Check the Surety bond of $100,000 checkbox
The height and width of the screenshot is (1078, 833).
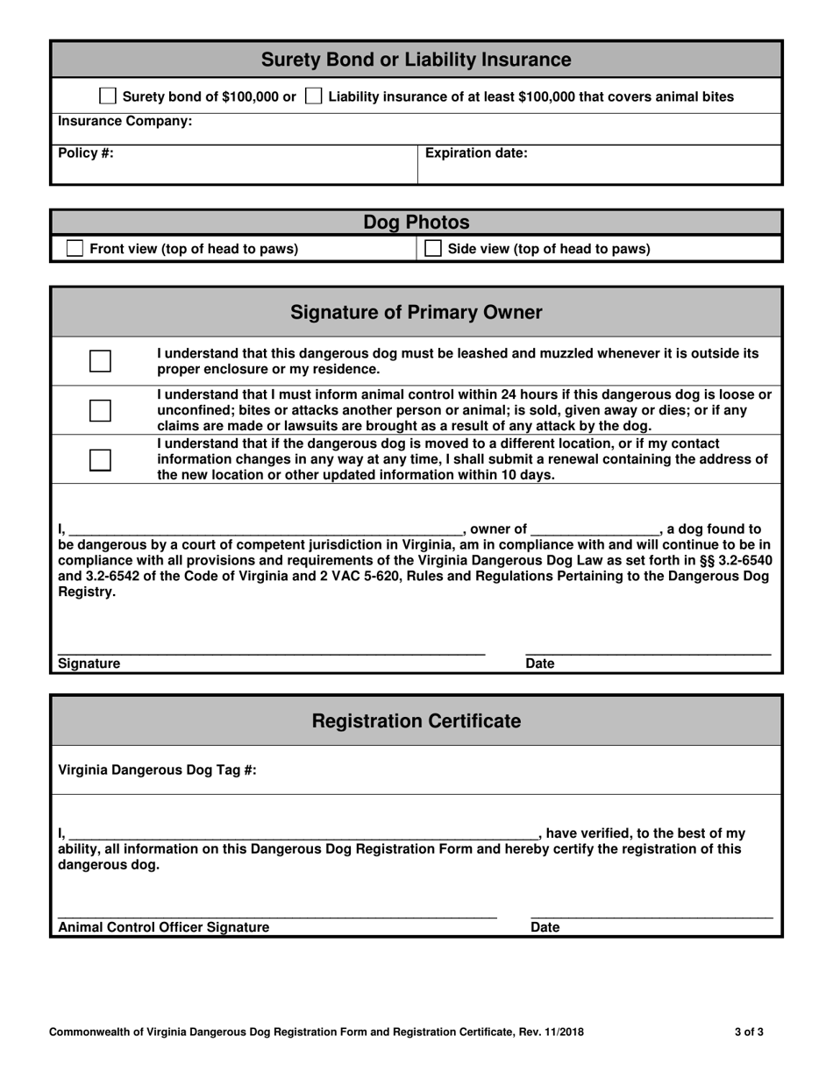click(108, 96)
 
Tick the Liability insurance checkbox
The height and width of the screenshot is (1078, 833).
click(313, 96)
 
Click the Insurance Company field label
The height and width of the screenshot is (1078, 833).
click(125, 121)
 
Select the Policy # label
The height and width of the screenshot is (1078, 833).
click(86, 152)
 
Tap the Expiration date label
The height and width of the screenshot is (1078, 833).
click(476, 152)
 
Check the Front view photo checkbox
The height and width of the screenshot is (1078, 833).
click(76, 249)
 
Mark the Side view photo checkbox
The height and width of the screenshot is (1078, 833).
click(433, 249)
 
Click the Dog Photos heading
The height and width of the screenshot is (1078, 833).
click(416, 223)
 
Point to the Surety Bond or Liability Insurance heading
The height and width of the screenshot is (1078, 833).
click(416, 60)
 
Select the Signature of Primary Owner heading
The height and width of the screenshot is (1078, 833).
click(416, 313)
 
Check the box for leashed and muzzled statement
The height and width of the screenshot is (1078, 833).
click(101, 361)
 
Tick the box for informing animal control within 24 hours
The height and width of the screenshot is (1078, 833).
click(101, 410)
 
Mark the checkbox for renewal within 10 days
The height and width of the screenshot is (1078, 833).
click(101, 460)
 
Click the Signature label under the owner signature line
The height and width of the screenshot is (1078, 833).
click(89, 663)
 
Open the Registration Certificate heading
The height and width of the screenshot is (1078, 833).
click(416, 721)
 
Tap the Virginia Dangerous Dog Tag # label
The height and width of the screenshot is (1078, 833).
click(157, 770)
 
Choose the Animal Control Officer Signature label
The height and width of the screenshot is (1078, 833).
click(164, 927)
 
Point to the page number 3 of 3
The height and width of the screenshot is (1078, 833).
click(749, 1032)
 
